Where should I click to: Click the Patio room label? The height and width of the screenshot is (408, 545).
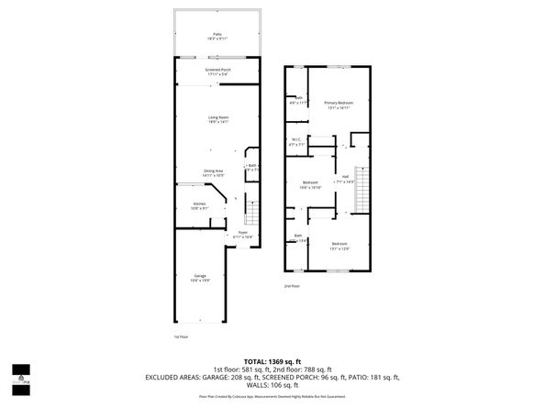[x=217, y=36]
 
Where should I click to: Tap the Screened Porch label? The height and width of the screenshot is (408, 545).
[x=217, y=72]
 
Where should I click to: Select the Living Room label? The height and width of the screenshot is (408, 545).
[x=217, y=118]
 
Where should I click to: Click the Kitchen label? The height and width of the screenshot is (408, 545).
[x=199, y=205]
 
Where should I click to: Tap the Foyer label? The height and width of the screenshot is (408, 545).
[x=243, y=234]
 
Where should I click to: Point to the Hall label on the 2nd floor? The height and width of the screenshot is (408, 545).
[x=345, y=180]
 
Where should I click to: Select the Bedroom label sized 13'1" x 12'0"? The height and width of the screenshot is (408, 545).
[x=339, y=246]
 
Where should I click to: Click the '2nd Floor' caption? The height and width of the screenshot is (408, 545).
[x=292, y=286]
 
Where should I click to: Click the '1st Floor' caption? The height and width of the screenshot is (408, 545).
[x=181, y=337]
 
